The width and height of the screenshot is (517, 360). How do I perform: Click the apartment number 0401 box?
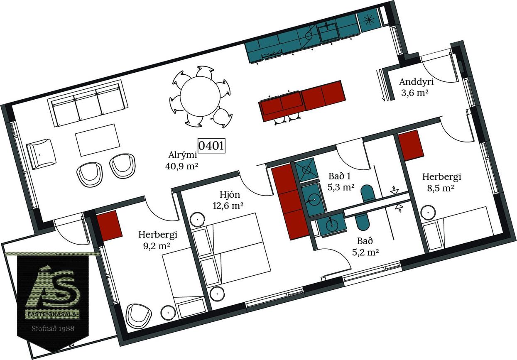[x=211, y=146]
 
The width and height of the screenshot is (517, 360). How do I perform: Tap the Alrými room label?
[x=183, y=155]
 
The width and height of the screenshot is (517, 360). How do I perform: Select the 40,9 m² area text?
[x=181, y=166]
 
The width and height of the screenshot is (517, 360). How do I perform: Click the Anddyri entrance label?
[x=417, y=82]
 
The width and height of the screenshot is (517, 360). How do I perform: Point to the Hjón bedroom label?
[x=230, y=195]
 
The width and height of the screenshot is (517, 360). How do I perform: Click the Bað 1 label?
[x=340, y=176]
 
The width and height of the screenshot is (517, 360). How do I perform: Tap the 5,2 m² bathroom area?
[x=365, y=252]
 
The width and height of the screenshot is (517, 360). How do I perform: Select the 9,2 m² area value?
[x=157, y=246]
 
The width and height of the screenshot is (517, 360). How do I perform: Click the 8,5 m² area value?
[x=441, y=189]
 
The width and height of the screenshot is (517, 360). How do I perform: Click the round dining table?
[x=200, y=96]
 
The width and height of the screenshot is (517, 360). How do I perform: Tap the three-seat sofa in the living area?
[x=88, y=103]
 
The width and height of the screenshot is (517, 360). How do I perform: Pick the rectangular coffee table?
[x=98, y=140]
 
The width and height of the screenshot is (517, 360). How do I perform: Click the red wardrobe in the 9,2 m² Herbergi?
[x=109, y=226]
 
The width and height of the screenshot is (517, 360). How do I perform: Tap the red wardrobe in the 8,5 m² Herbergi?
[x=411, y=145]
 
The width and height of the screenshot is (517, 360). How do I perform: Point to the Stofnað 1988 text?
[x=53, y=328]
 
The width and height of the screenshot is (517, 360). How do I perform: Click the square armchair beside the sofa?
[x=41, y=154]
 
